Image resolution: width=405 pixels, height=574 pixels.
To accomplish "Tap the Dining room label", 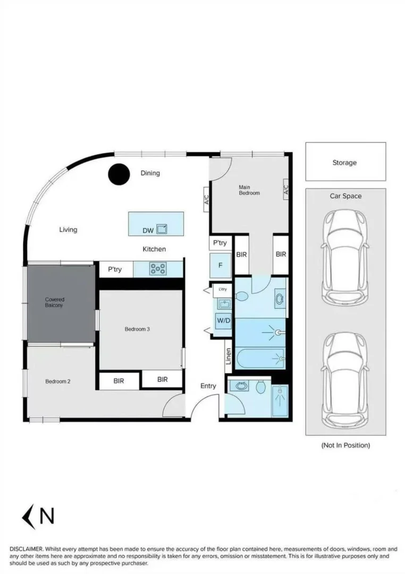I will pos(150,173).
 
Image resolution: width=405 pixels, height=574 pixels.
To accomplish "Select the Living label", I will pos(68,230).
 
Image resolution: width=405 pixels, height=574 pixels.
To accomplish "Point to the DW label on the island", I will pos(148,231).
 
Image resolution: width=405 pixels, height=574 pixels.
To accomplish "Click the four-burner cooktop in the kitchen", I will pos(158,269).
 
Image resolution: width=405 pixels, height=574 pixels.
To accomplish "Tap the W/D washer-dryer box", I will pos(222,321).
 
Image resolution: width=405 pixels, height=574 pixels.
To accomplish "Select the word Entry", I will pos(208,386).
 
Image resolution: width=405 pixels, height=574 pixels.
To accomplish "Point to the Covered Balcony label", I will pos(55,302).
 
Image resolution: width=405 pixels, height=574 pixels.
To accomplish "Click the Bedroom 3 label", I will pos(137,329).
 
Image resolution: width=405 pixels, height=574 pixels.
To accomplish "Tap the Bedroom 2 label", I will pos(57,382).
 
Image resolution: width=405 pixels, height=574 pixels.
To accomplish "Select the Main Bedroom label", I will pos(249,190).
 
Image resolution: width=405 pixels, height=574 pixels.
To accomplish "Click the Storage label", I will pos(344,163).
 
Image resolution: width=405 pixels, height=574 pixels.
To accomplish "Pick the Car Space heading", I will pos(345,196).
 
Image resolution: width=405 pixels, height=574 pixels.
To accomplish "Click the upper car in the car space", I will pos(345,256).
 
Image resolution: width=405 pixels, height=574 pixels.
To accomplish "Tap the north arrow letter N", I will pos(47,516).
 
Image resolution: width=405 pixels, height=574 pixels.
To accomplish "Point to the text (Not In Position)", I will pos(345,445).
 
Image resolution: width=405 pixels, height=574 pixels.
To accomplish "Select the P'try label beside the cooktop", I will pos(115,269).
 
